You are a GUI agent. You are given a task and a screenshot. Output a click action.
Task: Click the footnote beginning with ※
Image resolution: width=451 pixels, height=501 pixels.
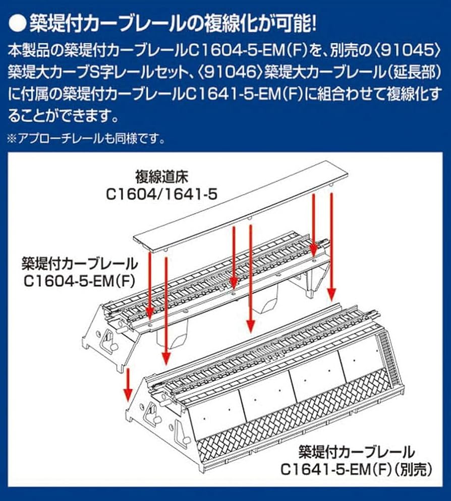pyautogui.click(x=86, y=138)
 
